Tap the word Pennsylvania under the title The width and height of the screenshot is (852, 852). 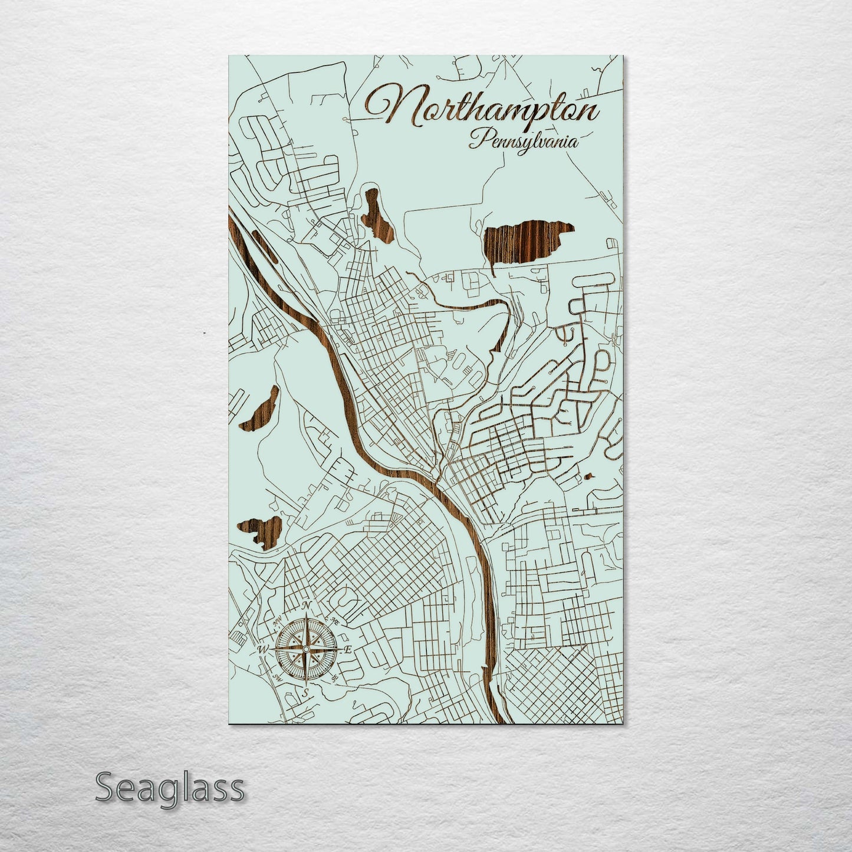(524, 142)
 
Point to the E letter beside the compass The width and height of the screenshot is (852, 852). (348, 650)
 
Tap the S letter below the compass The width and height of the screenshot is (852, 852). (305, 693)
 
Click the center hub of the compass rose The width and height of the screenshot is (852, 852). (305, 649)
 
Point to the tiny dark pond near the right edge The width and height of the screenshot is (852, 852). (588, 476)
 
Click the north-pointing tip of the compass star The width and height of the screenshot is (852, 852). (305, 617)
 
